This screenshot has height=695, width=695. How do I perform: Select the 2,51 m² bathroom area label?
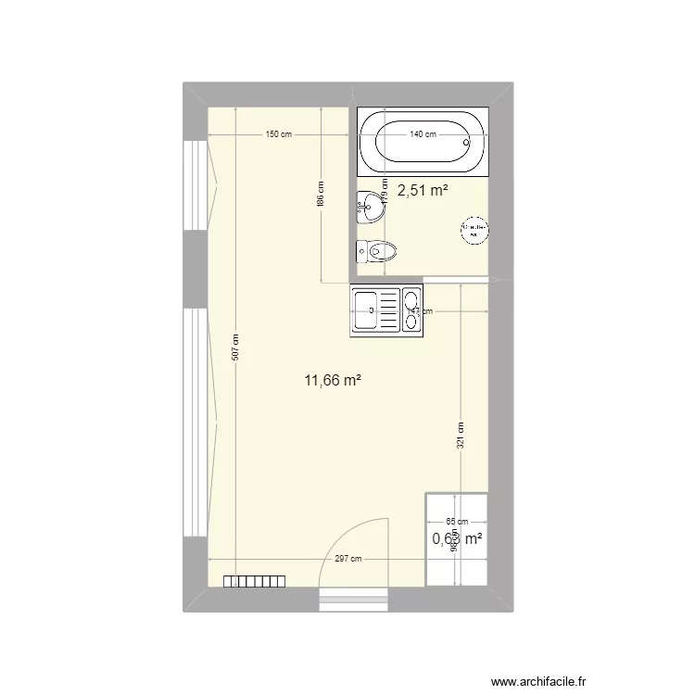[423, 191]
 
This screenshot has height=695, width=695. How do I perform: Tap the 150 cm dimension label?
[279, 135]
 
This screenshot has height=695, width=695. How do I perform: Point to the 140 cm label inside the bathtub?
[423, 135]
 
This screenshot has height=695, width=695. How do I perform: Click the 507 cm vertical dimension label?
[236, 347]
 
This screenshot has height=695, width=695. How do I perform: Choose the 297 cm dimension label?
[348, 559]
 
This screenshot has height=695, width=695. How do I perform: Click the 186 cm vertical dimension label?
[320, 192]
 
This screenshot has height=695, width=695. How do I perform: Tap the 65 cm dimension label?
[457, 523]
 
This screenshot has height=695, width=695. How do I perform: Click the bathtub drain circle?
[468, 143]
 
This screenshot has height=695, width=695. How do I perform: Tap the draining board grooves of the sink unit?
[387, 310]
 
